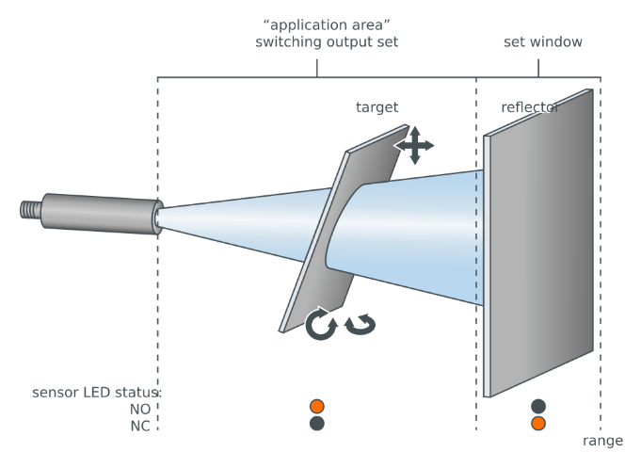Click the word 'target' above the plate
coord(377,108)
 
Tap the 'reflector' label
coord(530,108)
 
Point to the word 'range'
coord(602,441)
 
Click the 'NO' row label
coord(141,409)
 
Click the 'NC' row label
coord(141,425)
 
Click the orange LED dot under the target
coord(317,407)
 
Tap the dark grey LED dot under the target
coord(317,424)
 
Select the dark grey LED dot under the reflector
coord(538,407)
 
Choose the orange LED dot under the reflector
coord(538,424)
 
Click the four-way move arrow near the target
coord(414,145)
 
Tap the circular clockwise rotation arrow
coord(321,324)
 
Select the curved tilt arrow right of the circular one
coord(360,324)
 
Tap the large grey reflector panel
coord(541,245)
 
